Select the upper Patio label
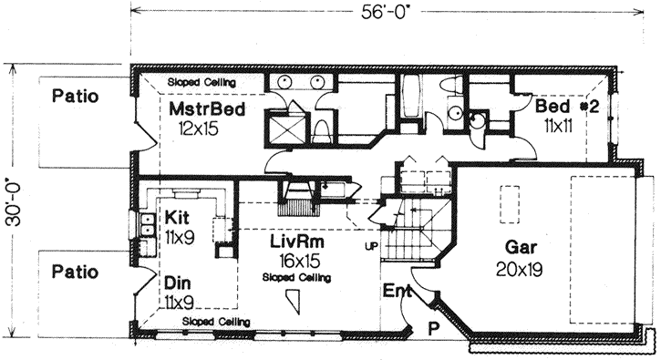tap(75, 95)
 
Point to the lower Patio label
tap(75, 271)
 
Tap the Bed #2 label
tap(566, 106)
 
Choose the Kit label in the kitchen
tap(177, 219)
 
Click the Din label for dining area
tap(178, 283)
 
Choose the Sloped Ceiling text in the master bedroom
tap(201, 82)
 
